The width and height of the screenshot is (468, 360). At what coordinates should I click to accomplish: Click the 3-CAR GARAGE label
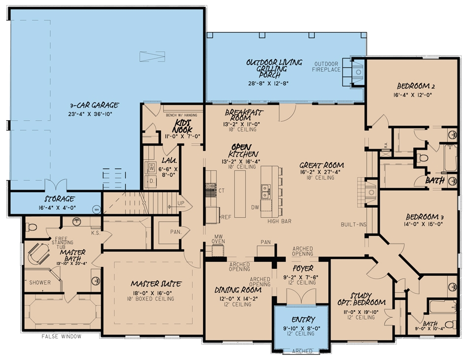click(94, 105)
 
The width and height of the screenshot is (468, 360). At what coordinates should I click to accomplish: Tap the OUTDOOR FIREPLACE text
click(326, 66)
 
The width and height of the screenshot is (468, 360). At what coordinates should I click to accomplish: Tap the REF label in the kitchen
click(226, 216)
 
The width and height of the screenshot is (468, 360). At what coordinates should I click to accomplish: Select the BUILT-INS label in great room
click(354, 225)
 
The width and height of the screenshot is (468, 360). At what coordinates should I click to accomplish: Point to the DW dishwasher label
click(255, 208)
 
